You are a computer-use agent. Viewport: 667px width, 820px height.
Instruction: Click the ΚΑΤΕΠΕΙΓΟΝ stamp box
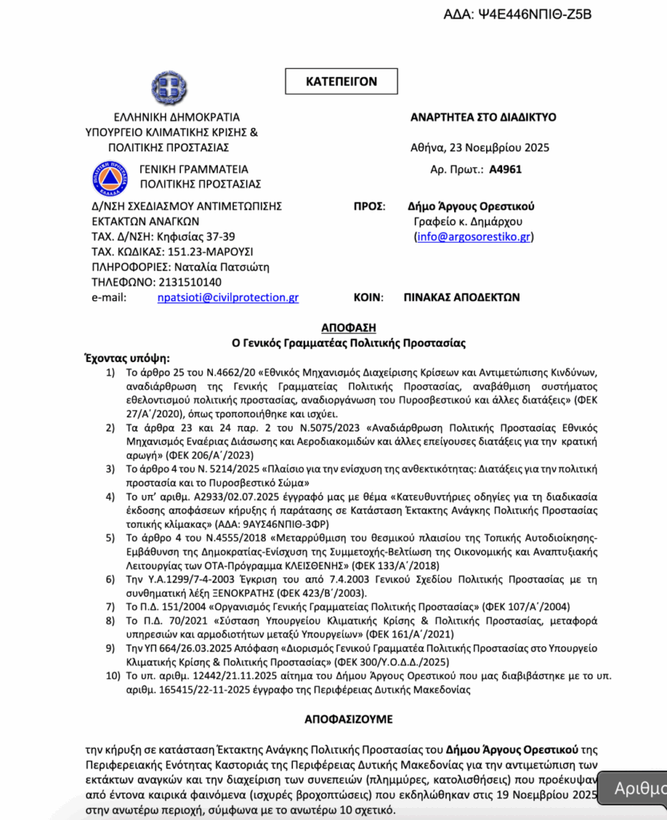341,81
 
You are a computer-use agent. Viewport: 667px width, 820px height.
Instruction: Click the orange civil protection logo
110,177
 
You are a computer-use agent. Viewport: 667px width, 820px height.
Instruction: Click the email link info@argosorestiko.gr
474,236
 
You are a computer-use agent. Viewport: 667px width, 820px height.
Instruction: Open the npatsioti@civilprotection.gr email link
228,297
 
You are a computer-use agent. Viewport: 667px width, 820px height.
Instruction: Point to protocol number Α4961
504,170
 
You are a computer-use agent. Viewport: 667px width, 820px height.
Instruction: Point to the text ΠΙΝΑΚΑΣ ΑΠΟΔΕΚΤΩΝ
462,296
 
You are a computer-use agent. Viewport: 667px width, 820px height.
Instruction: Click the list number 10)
112,677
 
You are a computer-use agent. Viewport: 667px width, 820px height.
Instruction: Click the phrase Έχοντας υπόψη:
127,358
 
